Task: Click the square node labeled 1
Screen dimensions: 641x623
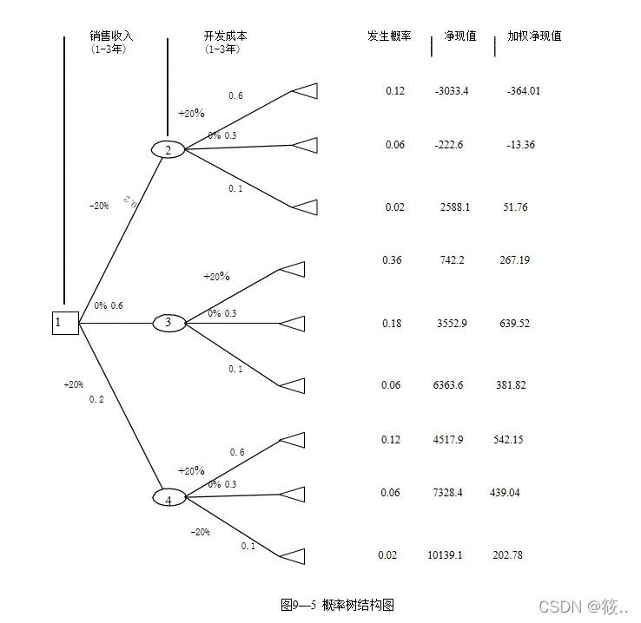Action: point(65,323)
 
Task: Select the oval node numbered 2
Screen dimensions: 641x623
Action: point(168,150)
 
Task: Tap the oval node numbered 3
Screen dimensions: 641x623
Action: point(169,323)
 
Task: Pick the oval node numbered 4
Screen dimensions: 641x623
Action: point(169,498)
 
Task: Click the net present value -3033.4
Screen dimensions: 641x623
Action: point(452,91)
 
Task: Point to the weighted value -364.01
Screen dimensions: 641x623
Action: point(523,91)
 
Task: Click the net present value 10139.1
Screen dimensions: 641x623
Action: point(445,555)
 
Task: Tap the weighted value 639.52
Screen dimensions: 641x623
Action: point(515,324)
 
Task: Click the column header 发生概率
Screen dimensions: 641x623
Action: point(389,36)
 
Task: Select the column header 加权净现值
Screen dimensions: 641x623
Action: point(534,36)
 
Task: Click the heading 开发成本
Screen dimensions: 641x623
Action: point(225,36)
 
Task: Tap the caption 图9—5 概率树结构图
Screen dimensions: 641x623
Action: point(337,605)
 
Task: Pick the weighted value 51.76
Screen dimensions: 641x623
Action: point(515,207)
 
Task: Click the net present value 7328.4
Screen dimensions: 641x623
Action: point(447,493)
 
